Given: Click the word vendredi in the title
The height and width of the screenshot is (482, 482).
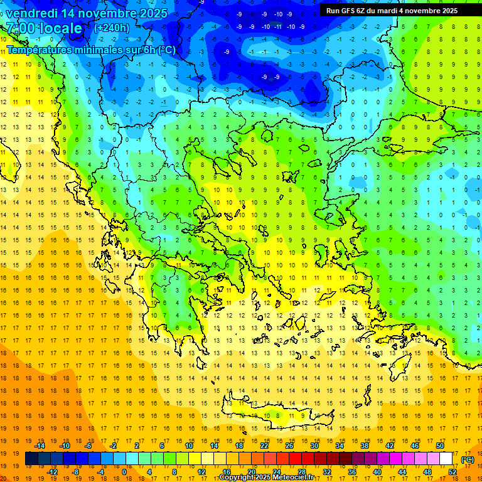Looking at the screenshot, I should [31, 13].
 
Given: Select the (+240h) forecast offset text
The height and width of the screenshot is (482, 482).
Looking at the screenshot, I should [111, 28].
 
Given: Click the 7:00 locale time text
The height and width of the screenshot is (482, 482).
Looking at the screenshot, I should [44, 28].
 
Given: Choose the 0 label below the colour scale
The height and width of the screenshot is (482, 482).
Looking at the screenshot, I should [124, 471].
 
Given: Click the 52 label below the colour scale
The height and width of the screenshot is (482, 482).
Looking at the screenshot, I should [453, 471].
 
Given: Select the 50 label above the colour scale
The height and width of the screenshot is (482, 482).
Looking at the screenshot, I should [439, 446].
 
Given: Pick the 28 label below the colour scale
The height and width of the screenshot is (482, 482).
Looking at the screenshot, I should [301, 471].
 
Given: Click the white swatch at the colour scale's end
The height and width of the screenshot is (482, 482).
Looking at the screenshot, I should [446, 459].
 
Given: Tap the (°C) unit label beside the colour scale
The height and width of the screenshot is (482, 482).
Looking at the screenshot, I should [468, 459].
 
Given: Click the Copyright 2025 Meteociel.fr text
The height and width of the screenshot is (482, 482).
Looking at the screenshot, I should [266, 478].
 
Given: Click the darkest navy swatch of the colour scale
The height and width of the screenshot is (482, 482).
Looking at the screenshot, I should [31, 459].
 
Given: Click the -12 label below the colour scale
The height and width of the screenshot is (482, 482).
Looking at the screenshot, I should [53, 471].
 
